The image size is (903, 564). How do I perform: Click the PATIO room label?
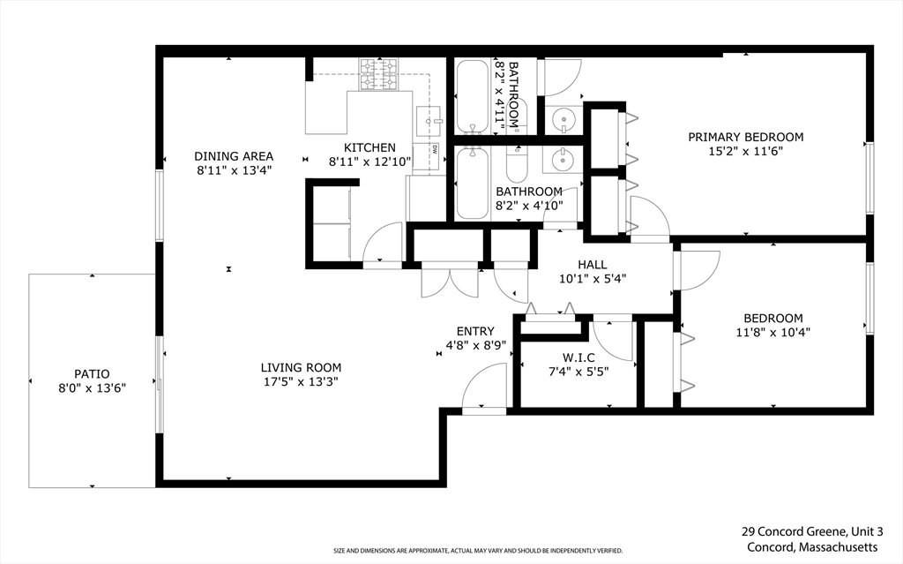pos(92,373)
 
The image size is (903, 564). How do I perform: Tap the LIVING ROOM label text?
pos(301,367)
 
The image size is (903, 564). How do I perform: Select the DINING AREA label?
pos(233,155)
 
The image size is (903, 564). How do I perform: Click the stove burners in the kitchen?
pos(379,75)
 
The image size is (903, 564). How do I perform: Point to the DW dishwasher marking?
pos(434,149)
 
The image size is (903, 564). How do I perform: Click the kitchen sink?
pos(429,121)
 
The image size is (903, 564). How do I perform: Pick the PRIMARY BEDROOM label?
pos(746,137)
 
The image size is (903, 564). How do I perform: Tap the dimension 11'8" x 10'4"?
pos(773,332)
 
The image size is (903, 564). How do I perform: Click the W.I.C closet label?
pos(578,358)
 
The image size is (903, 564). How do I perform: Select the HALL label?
pos(593,264)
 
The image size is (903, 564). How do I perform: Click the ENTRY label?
pos(475,331)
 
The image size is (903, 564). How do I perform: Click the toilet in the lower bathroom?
pos(517,163)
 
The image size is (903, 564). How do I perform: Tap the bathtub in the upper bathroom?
pos(473,96)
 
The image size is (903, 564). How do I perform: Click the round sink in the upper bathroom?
pos(563,121)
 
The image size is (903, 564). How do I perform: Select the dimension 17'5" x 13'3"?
pos(300,382)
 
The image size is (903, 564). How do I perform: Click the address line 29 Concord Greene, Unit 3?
pos(812,531)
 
